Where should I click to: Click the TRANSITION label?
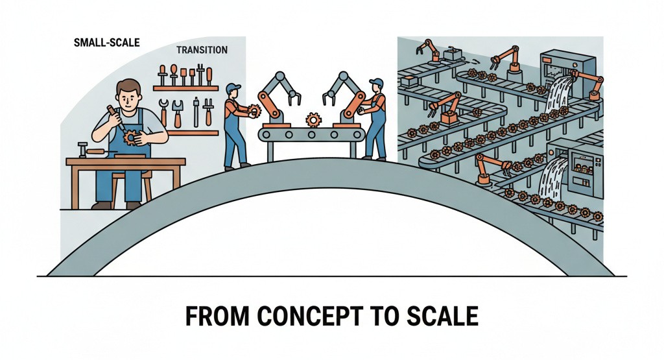click(x=202, y=50)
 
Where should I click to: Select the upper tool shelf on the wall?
click(x=185, y=88)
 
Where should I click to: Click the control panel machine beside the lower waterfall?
click(x=586, y=171)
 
